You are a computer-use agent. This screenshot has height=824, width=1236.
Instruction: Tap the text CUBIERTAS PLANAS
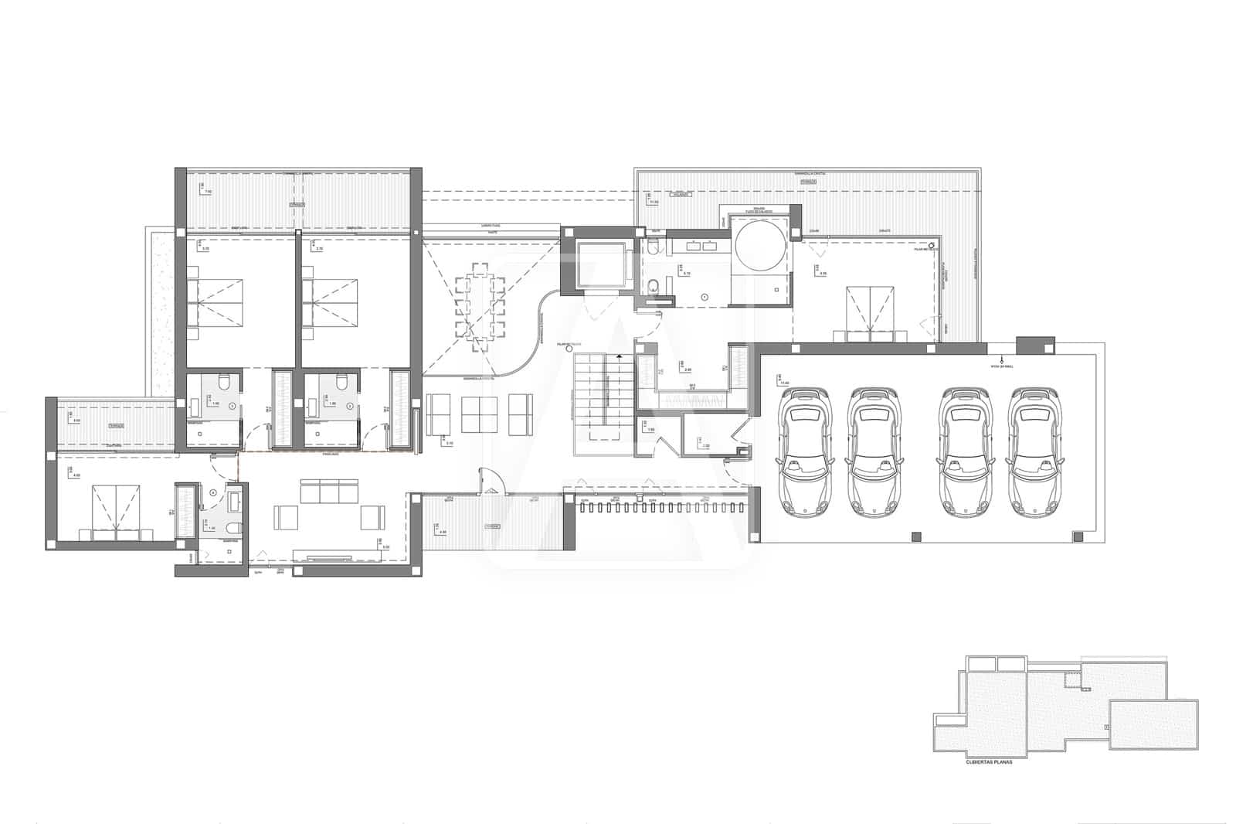click(989, 761)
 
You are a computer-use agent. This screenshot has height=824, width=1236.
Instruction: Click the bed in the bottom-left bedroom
click(116, 509)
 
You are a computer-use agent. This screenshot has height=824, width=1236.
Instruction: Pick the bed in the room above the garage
click(870, 313)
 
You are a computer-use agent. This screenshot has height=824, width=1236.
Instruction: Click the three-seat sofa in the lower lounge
click(329, 490)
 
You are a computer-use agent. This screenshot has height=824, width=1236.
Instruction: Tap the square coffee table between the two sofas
click(479, 414)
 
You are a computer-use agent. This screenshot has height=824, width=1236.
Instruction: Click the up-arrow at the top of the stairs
click(618, 356)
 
